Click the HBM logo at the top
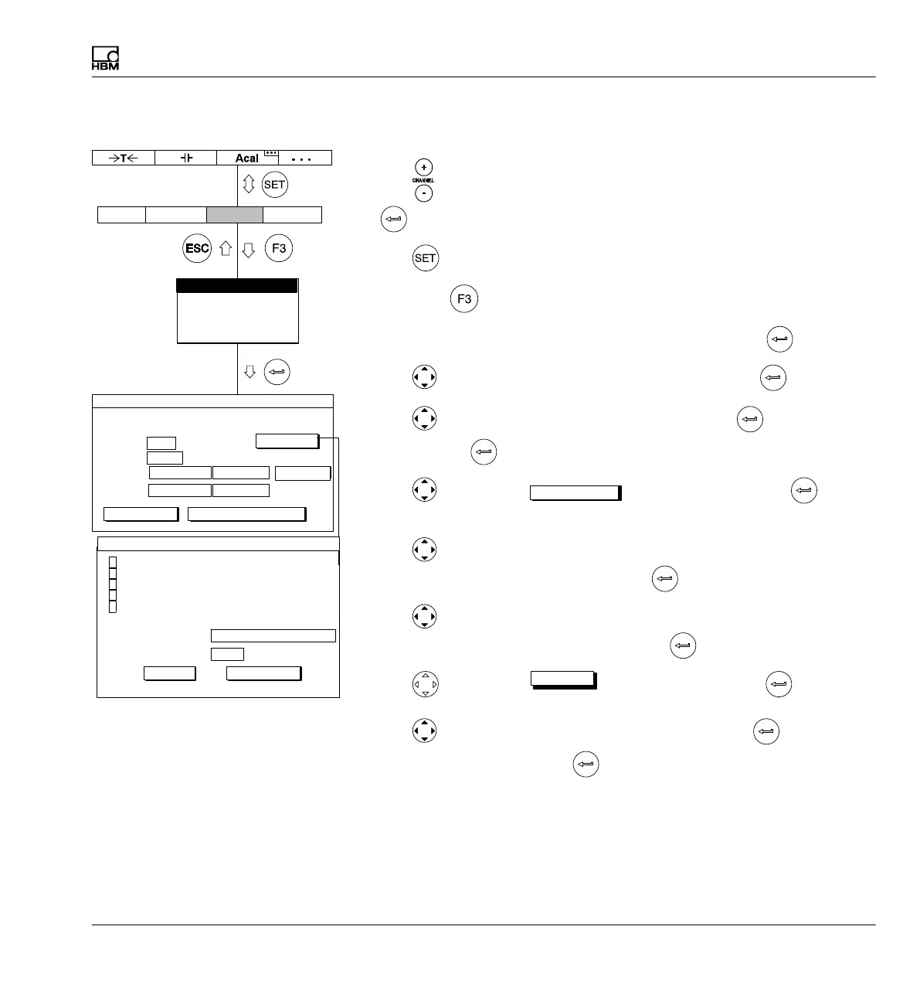[x=105, y=59]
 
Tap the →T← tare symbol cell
[x=123, y=158]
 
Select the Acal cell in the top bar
[x=247, y=158]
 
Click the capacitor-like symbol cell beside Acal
[x=185, y=158]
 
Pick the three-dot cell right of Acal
[x=301, y=158]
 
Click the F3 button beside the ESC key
[x=279, y=249]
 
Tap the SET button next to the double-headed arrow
[x=275, y=185]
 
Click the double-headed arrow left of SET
[x=249, y=185]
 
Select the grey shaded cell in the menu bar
[x=235, y=214]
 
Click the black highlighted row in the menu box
[x=237, y=286]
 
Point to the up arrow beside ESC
[x=226, y=249]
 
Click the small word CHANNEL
[x=423, y=180]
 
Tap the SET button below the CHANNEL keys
[x=426, y=258]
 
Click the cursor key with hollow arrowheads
[x=425, y=684]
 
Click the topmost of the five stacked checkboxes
[x=113, y=561]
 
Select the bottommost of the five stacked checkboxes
[x=113, y=606]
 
